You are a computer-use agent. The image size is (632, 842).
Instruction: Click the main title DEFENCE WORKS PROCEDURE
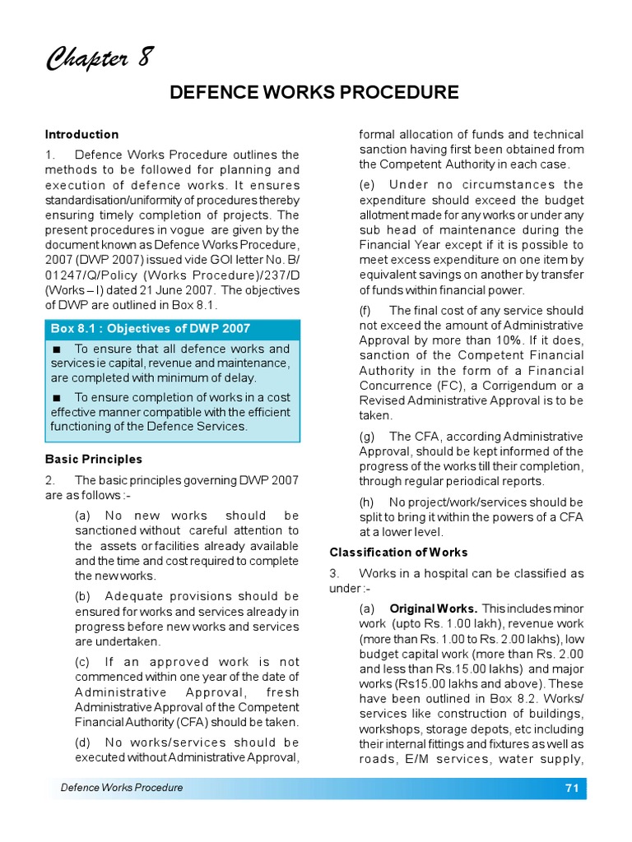pyautogui.click(x=314, y=92)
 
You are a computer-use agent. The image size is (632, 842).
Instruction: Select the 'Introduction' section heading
pyautogui.click(x=81, y=134)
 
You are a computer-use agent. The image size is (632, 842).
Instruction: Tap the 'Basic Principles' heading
pyautogui.click(x=93, y=459)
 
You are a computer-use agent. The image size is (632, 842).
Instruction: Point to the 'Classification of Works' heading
pyautogui.click(x=398, y=552)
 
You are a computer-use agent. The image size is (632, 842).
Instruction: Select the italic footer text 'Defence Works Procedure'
pyautogui.click(x=122, y=788)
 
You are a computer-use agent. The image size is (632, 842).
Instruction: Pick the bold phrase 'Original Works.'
pyautogui.click(x=433, y=608)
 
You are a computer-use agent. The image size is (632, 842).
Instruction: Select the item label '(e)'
pyautogui.click(x=367, y=184)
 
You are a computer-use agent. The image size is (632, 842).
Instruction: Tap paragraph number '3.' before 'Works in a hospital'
pyautogui.click(x=334, y=572)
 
